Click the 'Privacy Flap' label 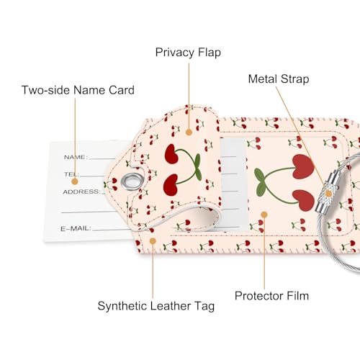[188, 53]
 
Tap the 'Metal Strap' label [279, 79]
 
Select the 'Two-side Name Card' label [78, 90]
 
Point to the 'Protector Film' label [271, 296]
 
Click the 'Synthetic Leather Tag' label [156, 306]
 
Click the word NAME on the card [74, 157]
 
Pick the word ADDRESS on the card [81, 192]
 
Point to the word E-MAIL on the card [76, 228]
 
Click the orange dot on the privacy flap [189, 132]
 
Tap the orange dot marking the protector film [264, 215]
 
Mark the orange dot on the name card [75, 181]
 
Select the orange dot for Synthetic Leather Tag [153, 241]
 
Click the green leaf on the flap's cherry [197, 165]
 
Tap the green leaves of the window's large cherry [261, 181]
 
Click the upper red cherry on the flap [171, 154]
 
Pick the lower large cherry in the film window [303, 200]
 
